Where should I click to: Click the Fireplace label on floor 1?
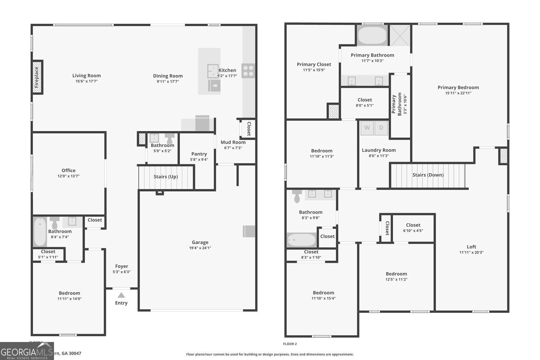[x=37, y=77]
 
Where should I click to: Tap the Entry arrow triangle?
[x=121, y=295]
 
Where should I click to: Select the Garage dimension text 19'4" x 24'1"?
[x=200, y=248]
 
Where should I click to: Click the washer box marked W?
[x=367, y=128]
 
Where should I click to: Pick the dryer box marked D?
[x=381, y=128]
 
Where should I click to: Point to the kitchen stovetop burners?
[x=248, y=71]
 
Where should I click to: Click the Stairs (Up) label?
[x=166, y=177]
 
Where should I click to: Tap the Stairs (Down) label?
[x=428, y=175]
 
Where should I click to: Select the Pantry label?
[x=199, y=154]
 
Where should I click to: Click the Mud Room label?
[x=233, y=142]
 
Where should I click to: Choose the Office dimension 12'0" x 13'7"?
[x=68, y=176]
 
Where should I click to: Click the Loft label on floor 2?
[x=471, y=247]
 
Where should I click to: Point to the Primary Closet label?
[x=314, y=64]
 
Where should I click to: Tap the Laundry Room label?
[x=379, y=150]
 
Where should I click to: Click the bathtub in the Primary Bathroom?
[x=372, y=35]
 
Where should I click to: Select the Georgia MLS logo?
[x=27, y=351]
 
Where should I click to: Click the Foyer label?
[x=122, y=266]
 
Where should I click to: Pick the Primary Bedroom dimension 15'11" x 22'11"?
[x=458, y=93]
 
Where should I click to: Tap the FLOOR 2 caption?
[x=290, y=344]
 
